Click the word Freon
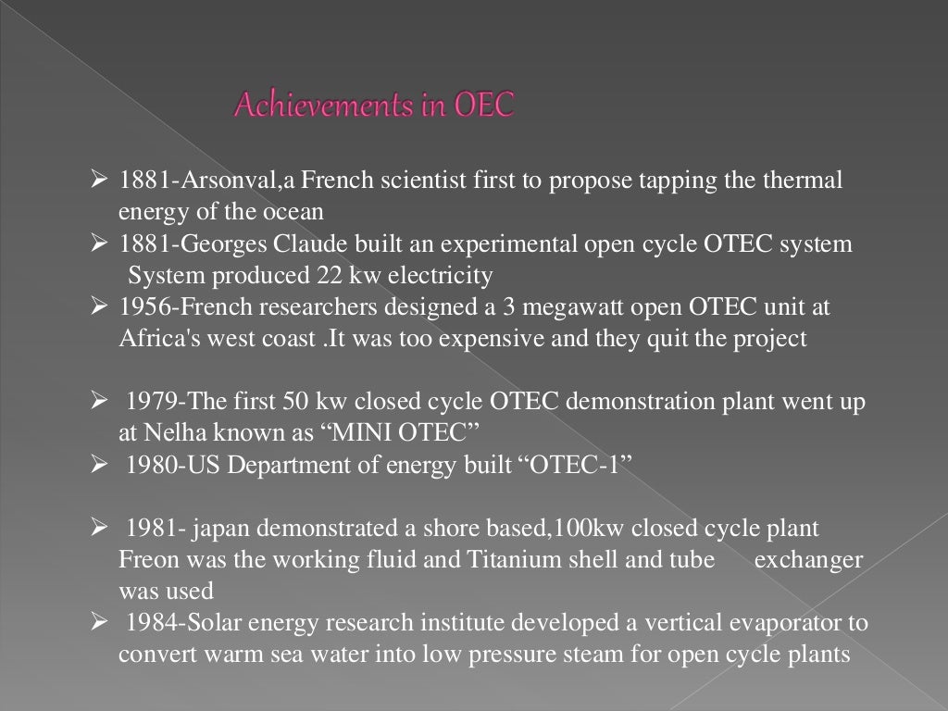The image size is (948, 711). pos(143,560)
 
